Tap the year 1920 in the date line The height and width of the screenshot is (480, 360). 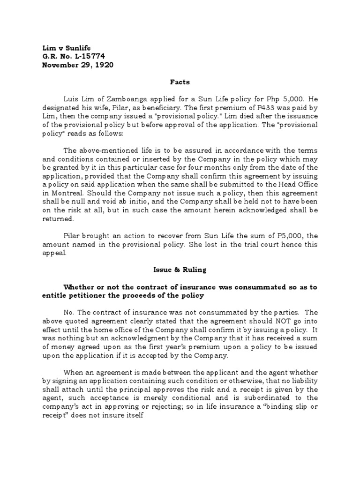(x=103, y=65)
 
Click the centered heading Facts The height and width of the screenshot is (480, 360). (x=180, y=82)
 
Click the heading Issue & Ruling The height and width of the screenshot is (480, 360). (x=180, y=270)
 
